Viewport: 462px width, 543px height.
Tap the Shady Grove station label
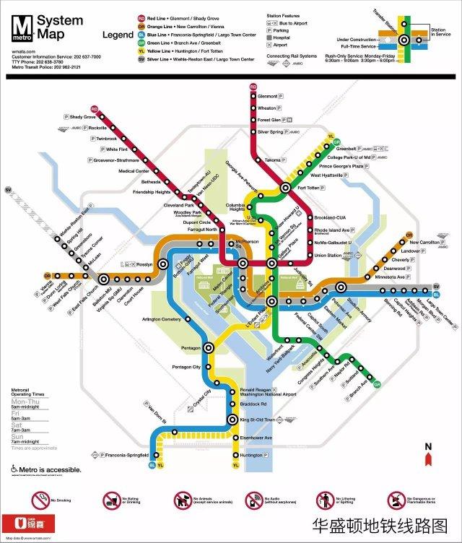[x=83, y=117]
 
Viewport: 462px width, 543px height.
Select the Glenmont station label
[x=268, y=96]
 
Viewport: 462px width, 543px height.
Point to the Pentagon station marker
[x=209, y=347]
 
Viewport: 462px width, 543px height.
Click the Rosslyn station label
[x=144, y=264]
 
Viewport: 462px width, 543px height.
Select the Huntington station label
[x=251, y=455]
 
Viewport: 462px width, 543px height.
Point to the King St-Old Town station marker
[x=232, y=420]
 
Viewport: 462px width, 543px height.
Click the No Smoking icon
[x=40, y=500]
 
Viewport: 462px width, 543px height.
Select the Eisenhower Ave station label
[x=256, y=438]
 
